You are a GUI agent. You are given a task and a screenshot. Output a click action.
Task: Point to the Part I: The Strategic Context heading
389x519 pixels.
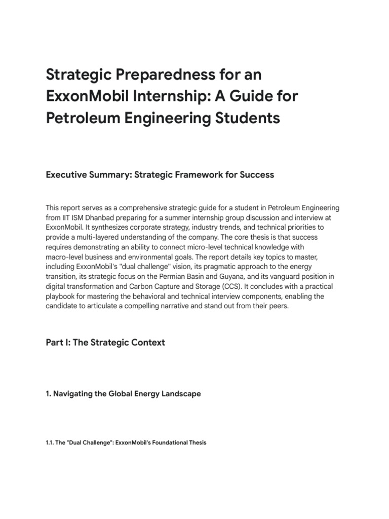(105, 342)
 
